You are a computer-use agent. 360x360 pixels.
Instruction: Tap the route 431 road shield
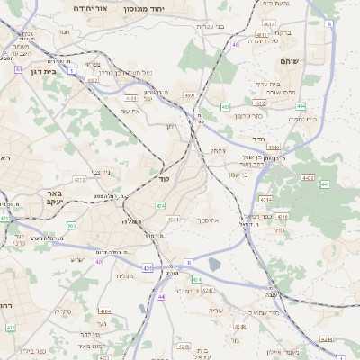click(148, 267)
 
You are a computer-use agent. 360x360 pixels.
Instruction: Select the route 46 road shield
click(236, 44)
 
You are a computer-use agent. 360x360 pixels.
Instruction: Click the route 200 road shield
click(71, 225)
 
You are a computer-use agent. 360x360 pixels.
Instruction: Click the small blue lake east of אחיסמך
click(214, 264)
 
